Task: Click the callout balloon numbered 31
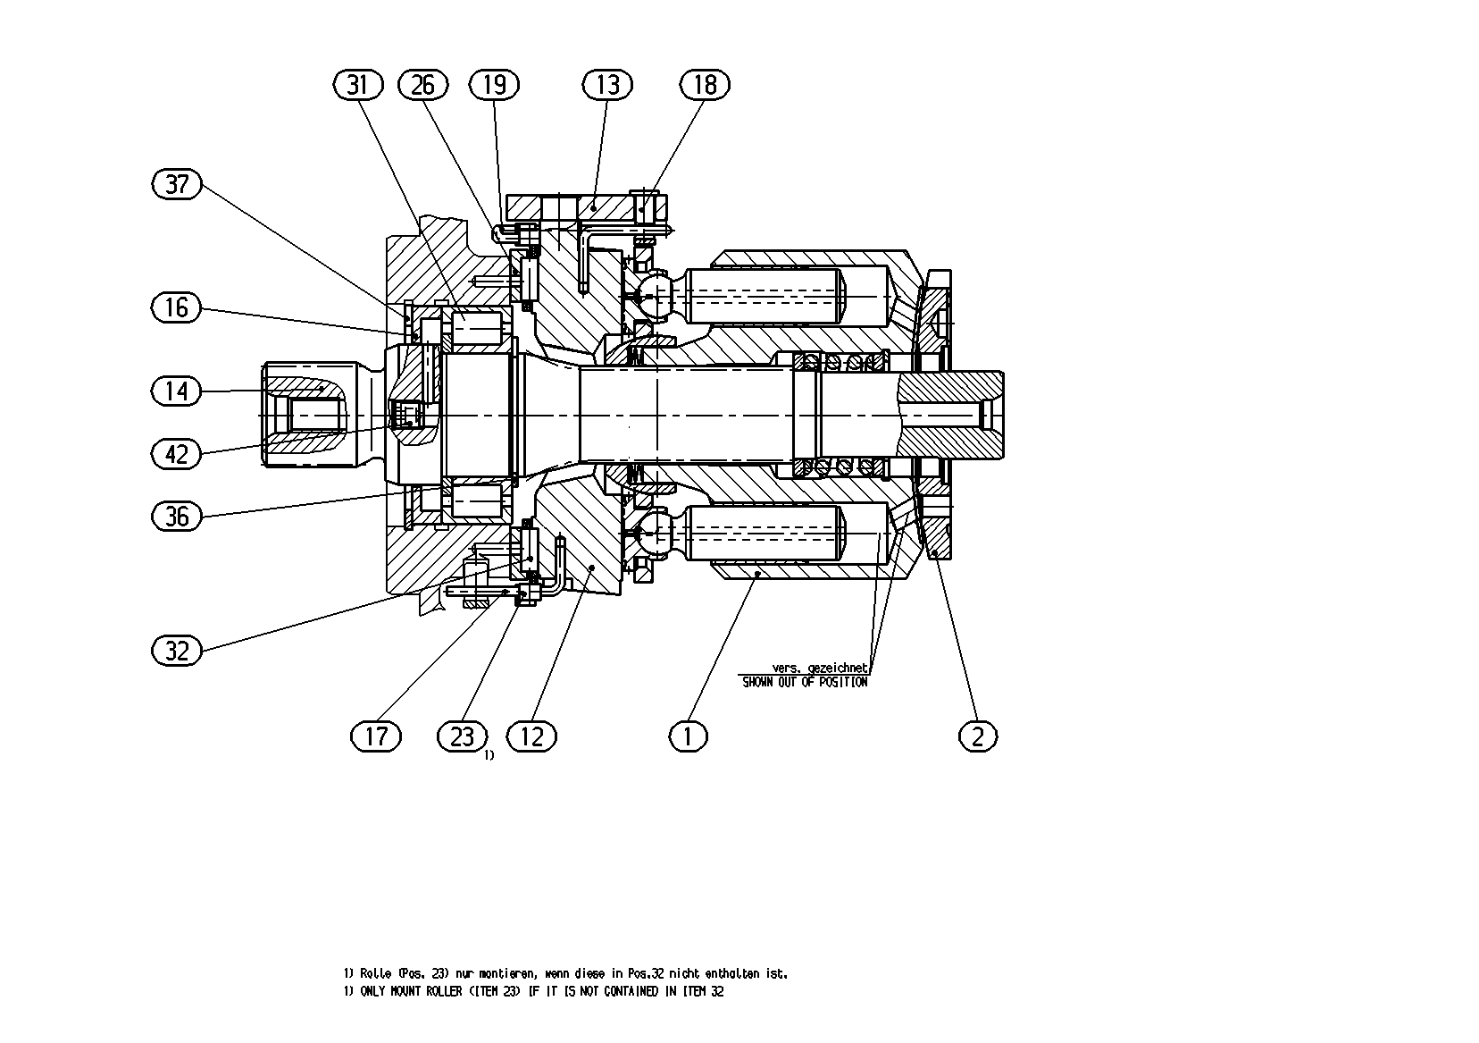point(358,85)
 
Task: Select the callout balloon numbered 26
point(423,85)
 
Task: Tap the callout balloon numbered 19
point(495,85)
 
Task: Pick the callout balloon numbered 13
point(607,85)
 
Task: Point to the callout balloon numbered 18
point(706,85)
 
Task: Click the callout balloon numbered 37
point(176,183)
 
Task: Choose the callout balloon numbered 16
point(176,307)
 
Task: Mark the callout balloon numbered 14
point(176,391)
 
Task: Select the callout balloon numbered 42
point(176,454)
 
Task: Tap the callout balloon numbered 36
point(176,516)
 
